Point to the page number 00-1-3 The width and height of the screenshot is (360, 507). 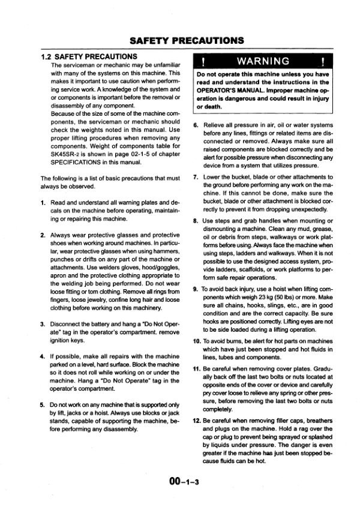pyautogui.click(x=180, y=480)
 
